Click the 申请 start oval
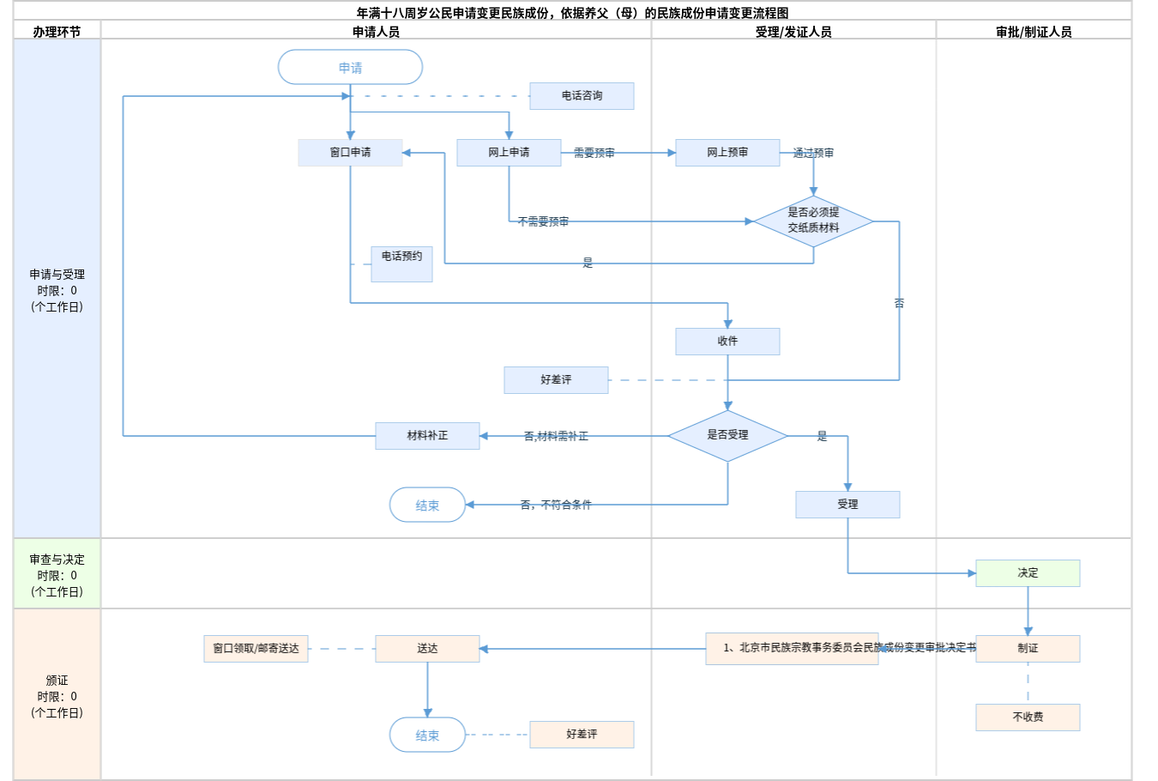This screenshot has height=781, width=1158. [350, 67]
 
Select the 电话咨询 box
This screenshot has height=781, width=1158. [582, 96]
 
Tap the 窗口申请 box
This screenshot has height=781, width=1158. [350, 153]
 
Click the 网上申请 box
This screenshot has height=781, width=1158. [509, 153]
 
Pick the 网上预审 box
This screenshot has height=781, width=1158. [727, 153]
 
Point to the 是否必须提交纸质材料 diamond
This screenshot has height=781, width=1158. [813, 221]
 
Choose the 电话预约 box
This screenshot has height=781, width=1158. [401, 263]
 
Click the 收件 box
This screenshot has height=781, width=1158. [727, 342]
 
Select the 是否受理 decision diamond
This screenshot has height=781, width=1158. [727, 435]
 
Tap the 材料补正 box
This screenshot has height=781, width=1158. [427, 436]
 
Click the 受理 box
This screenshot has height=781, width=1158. [847, 505]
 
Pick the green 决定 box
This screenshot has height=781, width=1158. [1028, 573]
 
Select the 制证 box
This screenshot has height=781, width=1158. [1028, 649]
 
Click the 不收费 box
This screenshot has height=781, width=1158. [1028, 717]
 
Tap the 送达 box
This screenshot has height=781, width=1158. [427, 649]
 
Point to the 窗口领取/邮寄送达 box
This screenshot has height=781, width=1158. [256, 649]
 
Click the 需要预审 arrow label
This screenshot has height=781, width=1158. [594, 153]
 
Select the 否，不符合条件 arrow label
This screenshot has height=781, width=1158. [556, 505]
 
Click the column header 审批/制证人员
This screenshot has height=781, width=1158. [1034, 32]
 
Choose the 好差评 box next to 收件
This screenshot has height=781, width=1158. [556, 380]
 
